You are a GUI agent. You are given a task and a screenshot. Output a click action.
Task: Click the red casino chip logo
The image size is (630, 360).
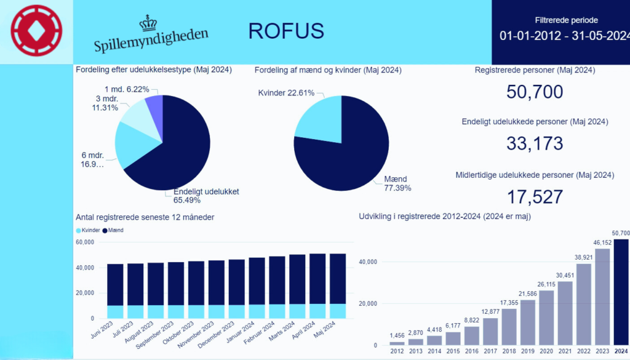(x=37, y=31)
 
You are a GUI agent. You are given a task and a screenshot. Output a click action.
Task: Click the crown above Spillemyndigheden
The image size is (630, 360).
(x=148, y=23)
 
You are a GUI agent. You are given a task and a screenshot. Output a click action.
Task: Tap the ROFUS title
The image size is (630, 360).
(x=285, y=31)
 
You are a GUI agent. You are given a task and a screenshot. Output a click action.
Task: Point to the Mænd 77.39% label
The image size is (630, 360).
(x=397, y=183)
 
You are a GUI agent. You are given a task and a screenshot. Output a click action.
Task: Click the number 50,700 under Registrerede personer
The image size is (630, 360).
(x=535, y=92)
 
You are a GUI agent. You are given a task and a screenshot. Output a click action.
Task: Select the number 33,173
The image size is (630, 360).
(x=535, y=143)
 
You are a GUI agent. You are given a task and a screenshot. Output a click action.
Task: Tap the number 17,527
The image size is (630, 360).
(x=535, y=197)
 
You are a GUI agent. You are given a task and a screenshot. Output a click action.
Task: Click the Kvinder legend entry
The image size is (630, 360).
(x=87, y=230)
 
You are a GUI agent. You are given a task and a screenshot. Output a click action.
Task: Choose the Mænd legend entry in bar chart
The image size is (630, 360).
(x=114, y=230)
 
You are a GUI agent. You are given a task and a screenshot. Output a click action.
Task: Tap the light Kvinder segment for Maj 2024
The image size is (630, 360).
(x=337, y=311)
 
